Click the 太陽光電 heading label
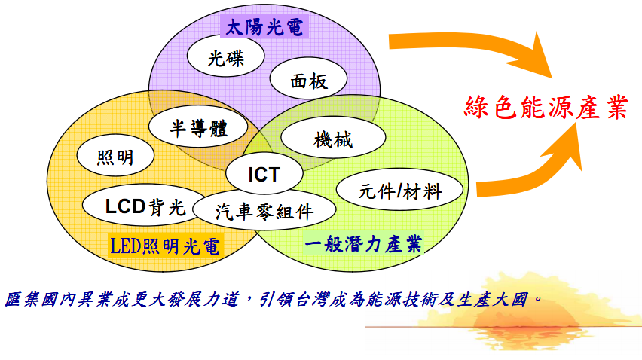coord(264,27)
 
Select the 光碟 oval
coord(225,56)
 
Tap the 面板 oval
coord(308,78)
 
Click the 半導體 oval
coord(198,127)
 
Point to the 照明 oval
coord(115,156)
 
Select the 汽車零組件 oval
coord(264,210)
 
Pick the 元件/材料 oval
coord(399,190)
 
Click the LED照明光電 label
coord(165,246)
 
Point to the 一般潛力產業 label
coord(363,244)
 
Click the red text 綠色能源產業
coord(546,107)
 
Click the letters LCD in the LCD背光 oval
coord(125,206)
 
